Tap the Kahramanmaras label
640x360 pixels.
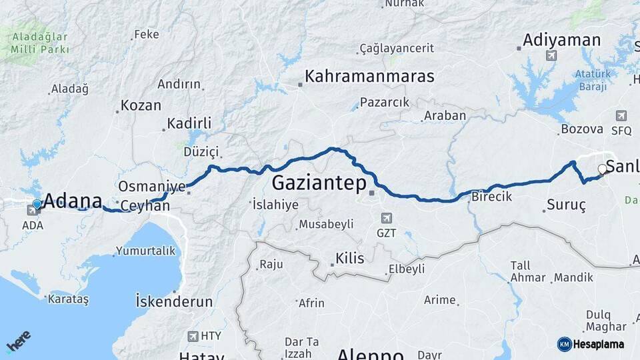[369, 76]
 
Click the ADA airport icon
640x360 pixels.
[32, 211]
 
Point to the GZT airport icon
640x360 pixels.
[386, 218]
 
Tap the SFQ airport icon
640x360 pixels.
[621, 115]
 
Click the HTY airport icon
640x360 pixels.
[193, 336]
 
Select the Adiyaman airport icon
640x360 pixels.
[551, 55]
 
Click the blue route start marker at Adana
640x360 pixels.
[37, 205]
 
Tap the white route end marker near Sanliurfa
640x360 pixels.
[602, 169]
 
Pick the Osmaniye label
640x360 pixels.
[151, 186]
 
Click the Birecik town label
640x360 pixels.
[491, 196]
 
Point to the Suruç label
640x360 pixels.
[565, 205]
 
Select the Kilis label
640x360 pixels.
[350, 258]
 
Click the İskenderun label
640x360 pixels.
[174, 301]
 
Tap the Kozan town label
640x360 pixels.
[141, 105]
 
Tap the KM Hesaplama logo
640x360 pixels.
[592, 344]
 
